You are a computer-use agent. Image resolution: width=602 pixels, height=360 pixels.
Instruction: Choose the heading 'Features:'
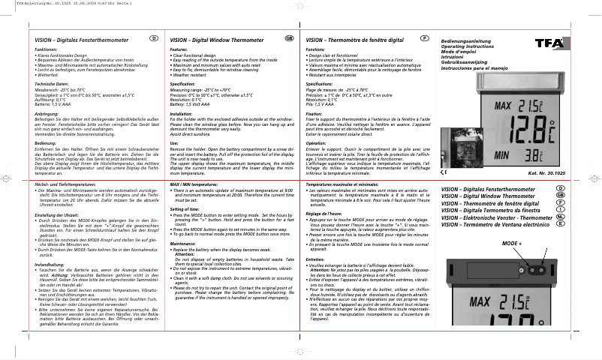pos(178,48)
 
